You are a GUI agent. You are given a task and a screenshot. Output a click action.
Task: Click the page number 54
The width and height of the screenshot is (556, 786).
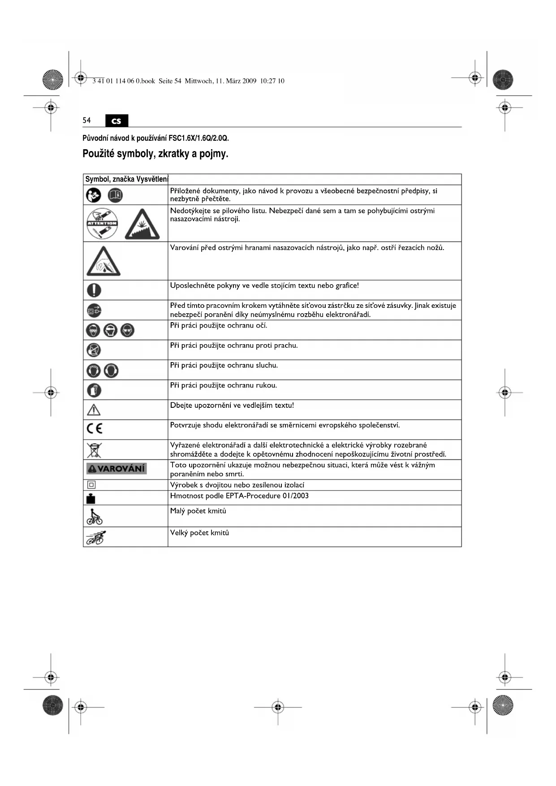(x=86, y=120)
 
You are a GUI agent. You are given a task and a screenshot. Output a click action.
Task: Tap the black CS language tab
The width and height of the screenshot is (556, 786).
(x=116, y=121)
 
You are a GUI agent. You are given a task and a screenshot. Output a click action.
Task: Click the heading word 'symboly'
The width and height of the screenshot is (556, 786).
(x=137, y=154)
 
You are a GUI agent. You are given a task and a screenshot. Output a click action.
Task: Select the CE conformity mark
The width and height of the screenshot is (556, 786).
(x=95, y=429)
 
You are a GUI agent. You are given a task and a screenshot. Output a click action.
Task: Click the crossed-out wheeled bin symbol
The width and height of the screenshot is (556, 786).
(x=94, y=449)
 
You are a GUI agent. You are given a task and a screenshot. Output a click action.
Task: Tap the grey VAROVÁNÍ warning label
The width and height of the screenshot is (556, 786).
(x=116, y=469)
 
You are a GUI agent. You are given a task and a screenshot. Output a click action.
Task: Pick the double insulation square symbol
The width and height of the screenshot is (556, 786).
(x=91, y=485)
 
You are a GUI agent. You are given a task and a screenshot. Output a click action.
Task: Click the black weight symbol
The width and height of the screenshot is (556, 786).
(x=91, y=498)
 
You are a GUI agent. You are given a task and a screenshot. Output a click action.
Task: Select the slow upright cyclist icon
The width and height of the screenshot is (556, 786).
(x=94, y=517)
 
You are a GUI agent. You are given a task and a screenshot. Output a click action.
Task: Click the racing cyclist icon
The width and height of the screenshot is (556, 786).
(x=96, y=537)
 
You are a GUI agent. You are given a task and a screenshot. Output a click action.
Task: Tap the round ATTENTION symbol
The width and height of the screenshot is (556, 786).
(x=102, y=224)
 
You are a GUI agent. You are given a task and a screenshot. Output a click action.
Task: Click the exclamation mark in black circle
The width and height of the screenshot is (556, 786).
(x=94, y=290)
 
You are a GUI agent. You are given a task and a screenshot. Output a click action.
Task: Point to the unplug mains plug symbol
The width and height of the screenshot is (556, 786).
(x=94, y=310)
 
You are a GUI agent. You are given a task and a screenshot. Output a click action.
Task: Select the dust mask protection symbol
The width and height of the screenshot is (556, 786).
(x=94, y=350)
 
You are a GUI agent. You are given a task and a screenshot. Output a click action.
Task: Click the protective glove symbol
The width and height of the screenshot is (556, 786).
(x=94, y=390)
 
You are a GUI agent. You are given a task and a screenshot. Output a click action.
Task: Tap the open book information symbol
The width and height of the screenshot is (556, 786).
(x=116, y=195)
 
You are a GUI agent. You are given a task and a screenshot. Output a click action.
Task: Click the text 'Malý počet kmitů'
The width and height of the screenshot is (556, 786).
(x=198, y=511)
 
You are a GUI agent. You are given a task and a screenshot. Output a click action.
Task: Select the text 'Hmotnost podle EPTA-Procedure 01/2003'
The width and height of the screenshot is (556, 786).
(x=239, y=496)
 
